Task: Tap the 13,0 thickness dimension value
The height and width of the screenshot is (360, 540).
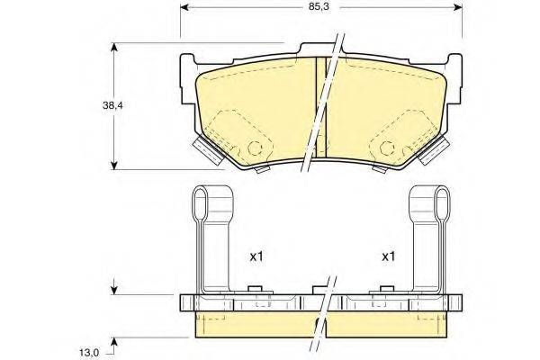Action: pos(90,341)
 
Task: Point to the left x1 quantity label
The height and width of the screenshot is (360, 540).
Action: pos(256,256)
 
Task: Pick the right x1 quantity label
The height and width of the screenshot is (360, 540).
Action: pos(389,256)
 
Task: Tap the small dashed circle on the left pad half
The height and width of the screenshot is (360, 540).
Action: pos(256,149)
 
